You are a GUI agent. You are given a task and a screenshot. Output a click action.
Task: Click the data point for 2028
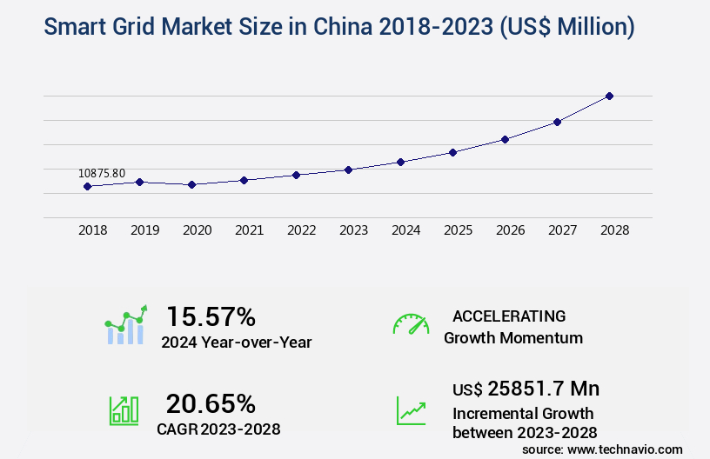point(609,96)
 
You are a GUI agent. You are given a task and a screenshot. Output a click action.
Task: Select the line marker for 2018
point(87,186)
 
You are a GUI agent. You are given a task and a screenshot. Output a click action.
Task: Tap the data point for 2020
point(191,184)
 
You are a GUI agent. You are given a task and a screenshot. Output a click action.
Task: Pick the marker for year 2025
point(452,152)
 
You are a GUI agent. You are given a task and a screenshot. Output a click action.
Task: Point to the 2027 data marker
point(557,122)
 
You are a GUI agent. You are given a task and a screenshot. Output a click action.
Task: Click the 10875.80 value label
point(102,173)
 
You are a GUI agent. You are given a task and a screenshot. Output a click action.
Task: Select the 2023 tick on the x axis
point(353,230)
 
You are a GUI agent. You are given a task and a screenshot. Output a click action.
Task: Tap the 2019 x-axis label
point(144,230)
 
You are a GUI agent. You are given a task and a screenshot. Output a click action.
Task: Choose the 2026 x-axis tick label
point(510,230)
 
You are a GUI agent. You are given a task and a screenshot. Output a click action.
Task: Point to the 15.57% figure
point(211,316)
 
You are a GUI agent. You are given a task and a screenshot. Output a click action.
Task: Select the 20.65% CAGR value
point(211,403)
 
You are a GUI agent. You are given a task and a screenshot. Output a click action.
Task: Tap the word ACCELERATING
point(509,316)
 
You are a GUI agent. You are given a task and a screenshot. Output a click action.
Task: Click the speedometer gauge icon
point(411,324)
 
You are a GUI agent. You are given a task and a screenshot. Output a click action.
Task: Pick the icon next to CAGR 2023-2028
point(123,410)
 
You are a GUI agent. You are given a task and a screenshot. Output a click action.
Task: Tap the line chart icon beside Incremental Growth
point(411,410)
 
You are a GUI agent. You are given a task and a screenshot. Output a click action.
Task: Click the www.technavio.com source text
point(623,449)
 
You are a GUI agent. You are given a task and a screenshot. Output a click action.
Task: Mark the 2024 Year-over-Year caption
point(236,342)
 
